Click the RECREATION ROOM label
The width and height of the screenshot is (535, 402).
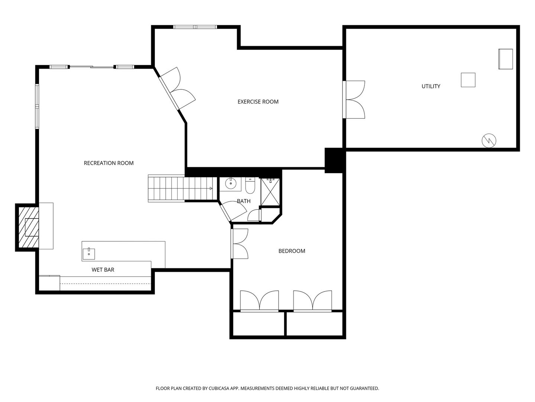[x=108, y=163]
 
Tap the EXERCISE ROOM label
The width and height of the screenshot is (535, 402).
[x=258, y=102]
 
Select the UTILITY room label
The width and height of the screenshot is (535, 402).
[x=431, y=86]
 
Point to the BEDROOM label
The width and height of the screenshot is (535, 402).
[x=292, y=251]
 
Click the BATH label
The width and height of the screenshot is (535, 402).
[x=244, y=201]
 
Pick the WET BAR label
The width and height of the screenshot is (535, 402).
[x=103, y=269]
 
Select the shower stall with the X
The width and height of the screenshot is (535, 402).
[x=271, y=192]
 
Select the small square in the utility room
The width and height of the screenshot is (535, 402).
[x=468, y=80]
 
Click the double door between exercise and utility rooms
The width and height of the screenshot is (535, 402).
[x=354, y=100]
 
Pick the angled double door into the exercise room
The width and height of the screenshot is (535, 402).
[x=176, y=89]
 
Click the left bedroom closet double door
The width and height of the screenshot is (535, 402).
[x=259, y=300]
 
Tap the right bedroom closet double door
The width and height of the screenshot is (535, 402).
[x=312, y=300]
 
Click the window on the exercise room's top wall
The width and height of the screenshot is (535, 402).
[x=195, y=27]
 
